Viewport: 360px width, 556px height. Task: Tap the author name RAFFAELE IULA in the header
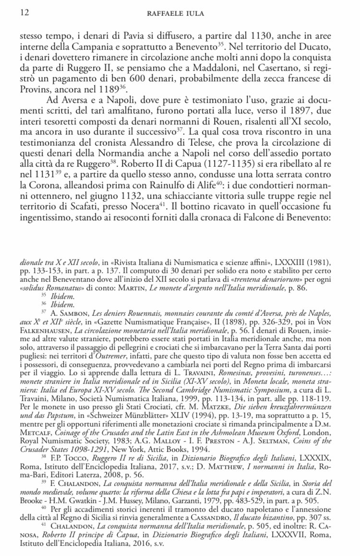[180, 13]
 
